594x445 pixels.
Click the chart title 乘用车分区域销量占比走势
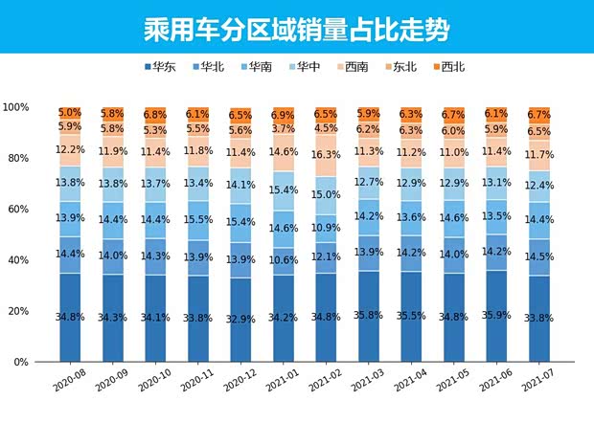(x=296, y=26)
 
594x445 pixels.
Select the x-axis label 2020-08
(x=68, y=380)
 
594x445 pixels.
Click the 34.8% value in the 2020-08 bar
(x=70, y=317)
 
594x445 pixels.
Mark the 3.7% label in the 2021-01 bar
(x=284, y=128)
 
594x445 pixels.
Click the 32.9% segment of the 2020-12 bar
(x=240, y=320)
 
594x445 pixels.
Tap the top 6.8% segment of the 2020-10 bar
(x=155, y=115)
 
